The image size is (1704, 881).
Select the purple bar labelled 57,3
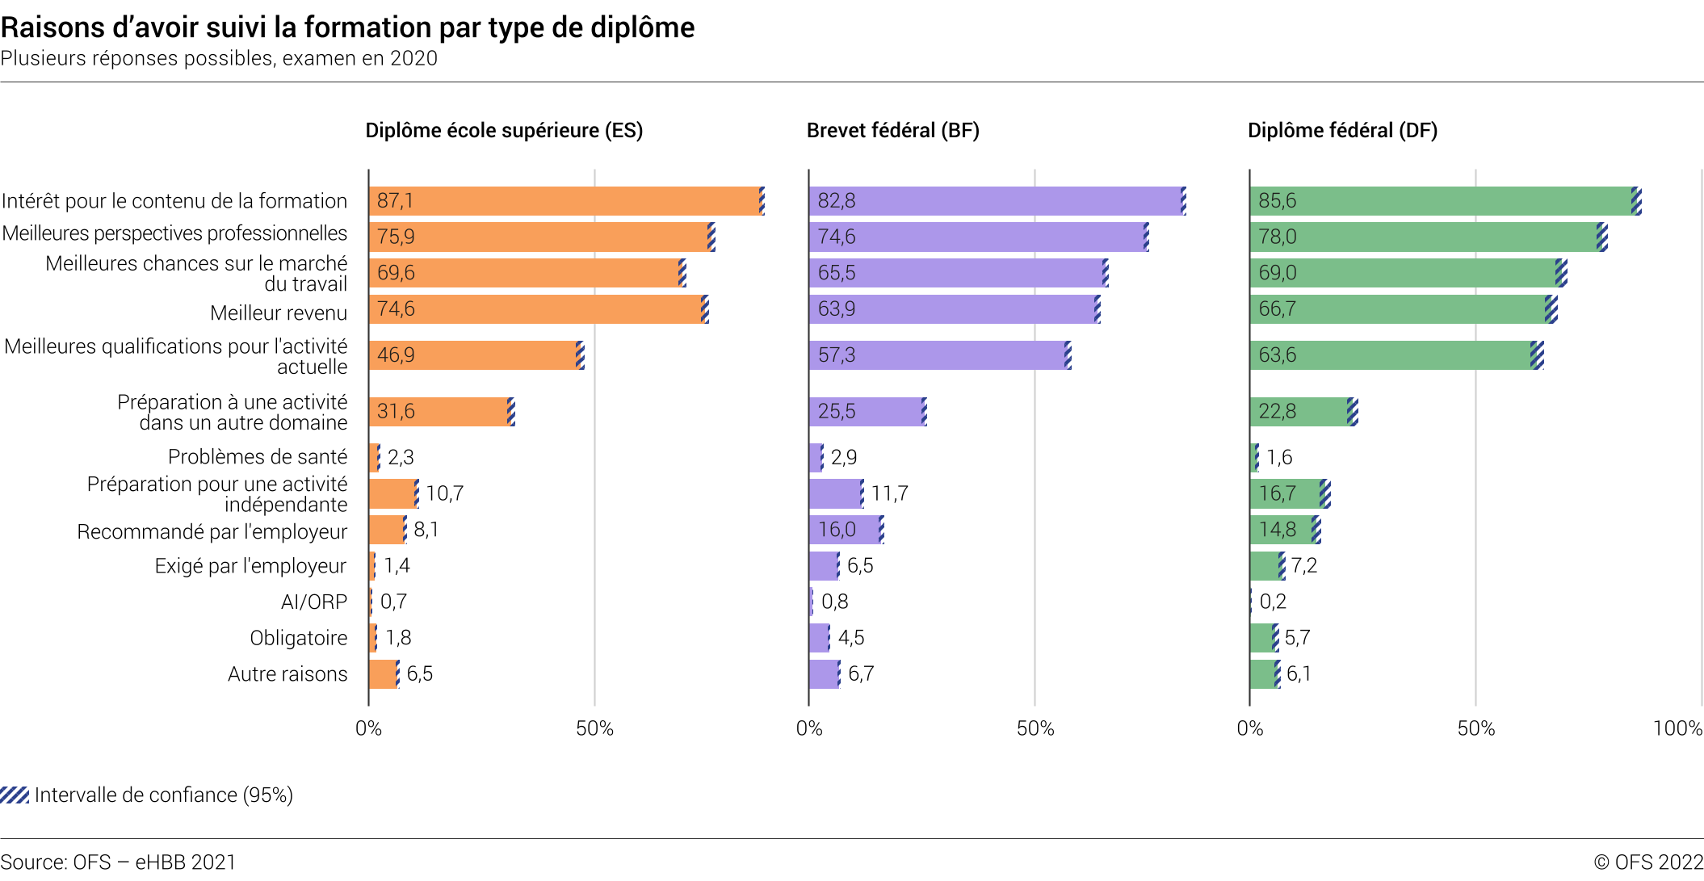937,355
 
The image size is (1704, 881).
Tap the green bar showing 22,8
1300,412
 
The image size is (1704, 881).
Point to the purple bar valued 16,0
845,530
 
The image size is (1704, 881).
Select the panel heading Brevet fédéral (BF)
892,131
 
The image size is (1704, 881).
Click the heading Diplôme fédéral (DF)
1342,131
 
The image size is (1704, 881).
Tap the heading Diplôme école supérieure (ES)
504,131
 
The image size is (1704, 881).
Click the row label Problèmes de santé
258,457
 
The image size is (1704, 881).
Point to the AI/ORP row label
314,602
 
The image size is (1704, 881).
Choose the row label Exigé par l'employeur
250,566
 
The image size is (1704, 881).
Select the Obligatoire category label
298,638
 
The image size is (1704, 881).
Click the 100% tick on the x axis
1677,728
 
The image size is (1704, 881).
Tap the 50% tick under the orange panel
594,728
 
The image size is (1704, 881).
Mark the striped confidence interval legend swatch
15,795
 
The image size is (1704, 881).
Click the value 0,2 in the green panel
1273,602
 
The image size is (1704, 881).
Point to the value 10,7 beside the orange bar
444,493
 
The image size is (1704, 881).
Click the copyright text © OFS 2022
1648,862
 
